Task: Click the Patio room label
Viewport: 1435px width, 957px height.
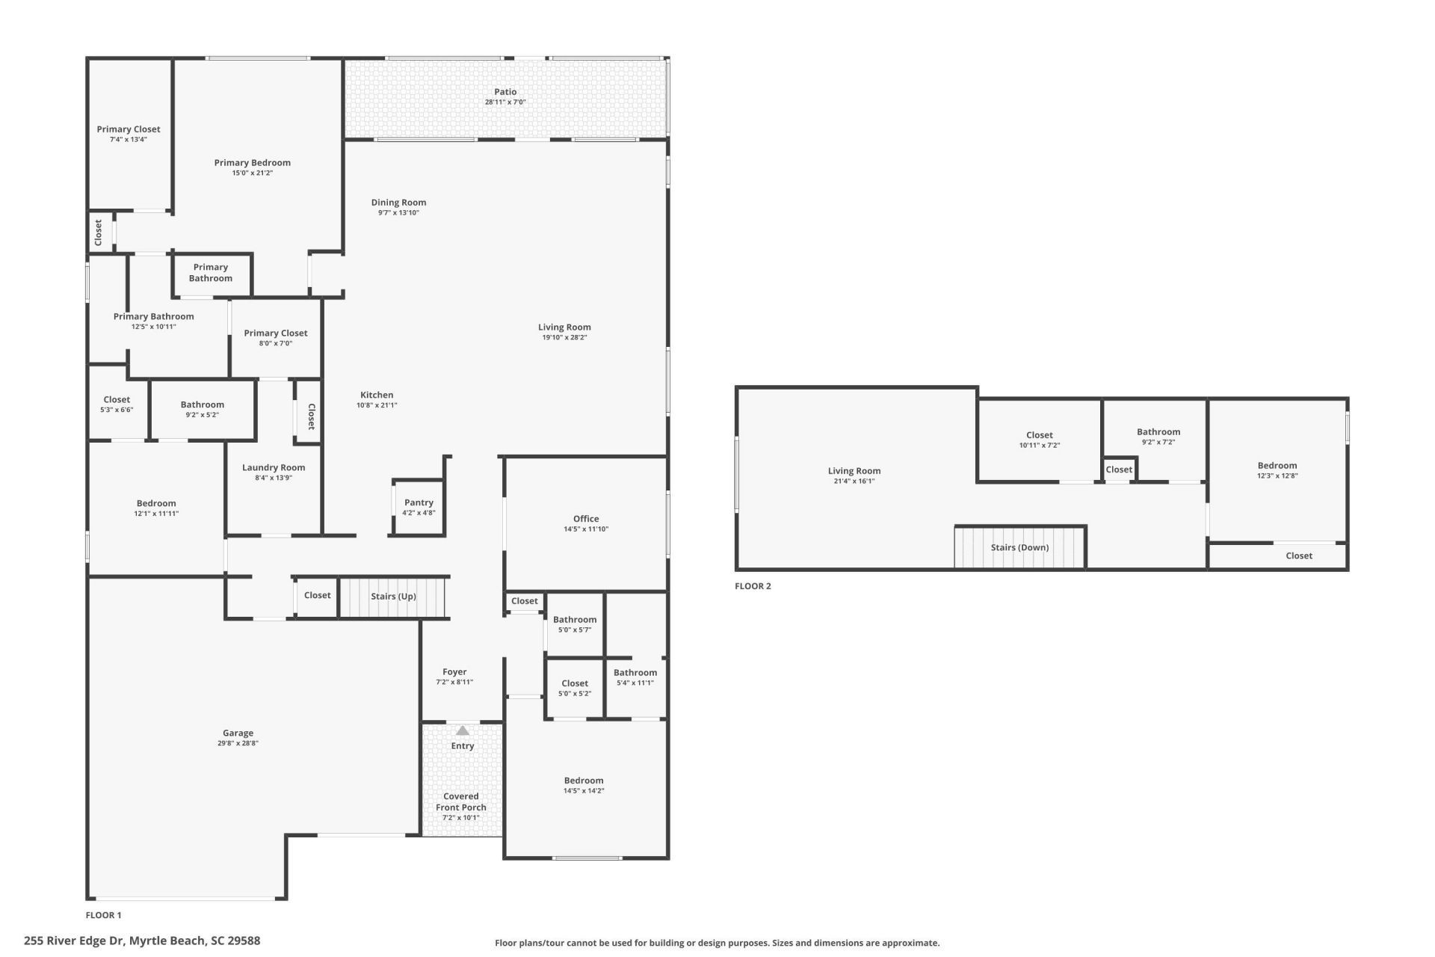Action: pos(505,92)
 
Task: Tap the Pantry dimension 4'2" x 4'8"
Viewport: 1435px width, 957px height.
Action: pos(419,513)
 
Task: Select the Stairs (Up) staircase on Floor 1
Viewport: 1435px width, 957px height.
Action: pos(393,597)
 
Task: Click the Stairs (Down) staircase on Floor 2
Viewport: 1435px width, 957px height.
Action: pos(1019,547)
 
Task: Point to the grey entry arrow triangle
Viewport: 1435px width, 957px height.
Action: pos(463,730)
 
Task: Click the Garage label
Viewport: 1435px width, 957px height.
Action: pos(238,733)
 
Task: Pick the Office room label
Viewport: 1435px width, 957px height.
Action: pos(586,519)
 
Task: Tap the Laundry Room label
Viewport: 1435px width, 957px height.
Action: pos(274,468)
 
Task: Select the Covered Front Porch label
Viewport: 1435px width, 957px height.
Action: pos(461,801)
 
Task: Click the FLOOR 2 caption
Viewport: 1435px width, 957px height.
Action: pos(753,586)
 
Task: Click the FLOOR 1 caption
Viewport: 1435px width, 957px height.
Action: pos(103,915)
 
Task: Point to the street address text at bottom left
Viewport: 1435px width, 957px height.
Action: pos(142,941)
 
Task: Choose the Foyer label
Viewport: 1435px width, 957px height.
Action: pos(454,672)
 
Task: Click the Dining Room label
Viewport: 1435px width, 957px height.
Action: pos(398,203)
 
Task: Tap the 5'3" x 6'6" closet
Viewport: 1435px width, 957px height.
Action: pos(117,404)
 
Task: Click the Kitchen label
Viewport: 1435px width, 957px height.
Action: pos(377,396)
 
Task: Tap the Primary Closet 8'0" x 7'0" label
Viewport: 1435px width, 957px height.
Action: pos(276,333)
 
